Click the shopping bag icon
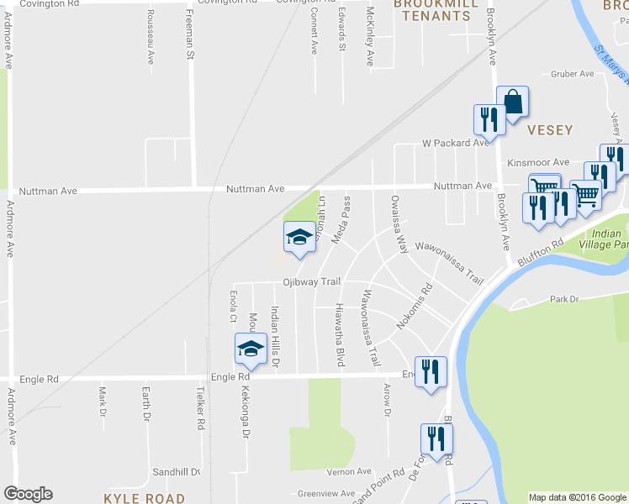click(x=512, y=102)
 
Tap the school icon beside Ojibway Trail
click(x=299, y=238)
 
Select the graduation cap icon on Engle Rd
click(x=251, y=349)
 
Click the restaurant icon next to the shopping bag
click(x=489, y=120)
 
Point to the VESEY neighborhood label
click(x=550, y=130)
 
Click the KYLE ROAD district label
click(x=144, y=498)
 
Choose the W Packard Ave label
click(x=455, y=143)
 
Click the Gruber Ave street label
click(x=573, y=74)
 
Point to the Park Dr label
click(x=564, y=299)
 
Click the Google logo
click(x=28, y=494)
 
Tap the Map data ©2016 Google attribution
click(x=577, y=497)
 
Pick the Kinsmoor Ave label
click(x=538, y=162)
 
